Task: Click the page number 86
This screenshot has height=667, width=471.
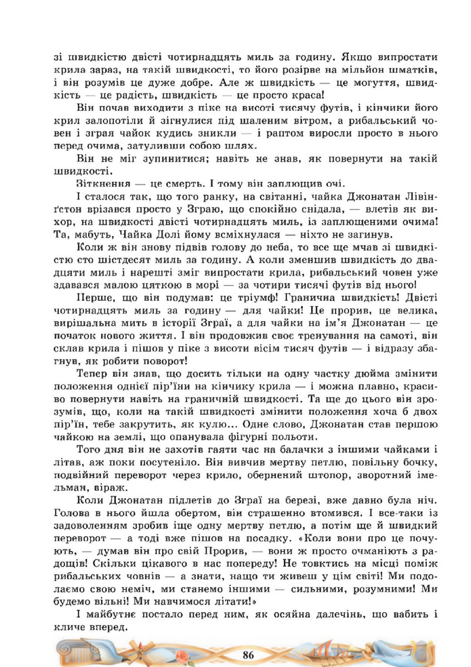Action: point(246,654)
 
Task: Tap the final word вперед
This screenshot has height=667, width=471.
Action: point(107,630)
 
